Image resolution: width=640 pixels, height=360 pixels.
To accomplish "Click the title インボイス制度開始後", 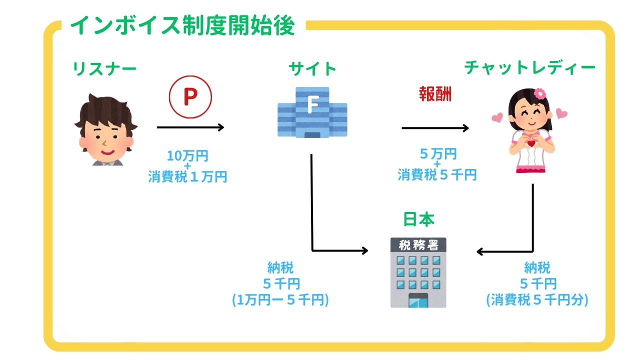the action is coord(182,25).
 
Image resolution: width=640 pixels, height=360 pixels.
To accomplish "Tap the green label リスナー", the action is coord(104,69).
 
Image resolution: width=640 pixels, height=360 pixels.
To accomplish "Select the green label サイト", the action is coord(312,69).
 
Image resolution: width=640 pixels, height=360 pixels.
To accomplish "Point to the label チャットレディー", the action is coord(529,67).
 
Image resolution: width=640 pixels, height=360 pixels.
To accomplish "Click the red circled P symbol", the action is coord(190,97).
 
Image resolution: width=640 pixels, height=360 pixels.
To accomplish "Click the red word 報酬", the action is coord(435,93).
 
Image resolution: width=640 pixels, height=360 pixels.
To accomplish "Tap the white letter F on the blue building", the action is coord(313,104).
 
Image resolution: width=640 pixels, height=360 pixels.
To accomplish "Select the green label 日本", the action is coord(418,219).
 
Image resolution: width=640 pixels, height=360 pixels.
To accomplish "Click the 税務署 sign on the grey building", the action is coord(418,245).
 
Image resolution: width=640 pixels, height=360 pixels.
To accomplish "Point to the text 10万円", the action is coord(187,156).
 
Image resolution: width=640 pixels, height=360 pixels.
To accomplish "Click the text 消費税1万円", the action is coord(187,176).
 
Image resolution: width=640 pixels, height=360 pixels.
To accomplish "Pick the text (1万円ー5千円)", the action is coord(280,300).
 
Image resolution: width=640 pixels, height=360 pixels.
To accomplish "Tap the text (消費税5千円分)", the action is coord(537,300).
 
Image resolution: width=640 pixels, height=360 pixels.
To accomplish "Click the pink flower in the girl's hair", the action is coord(539,93).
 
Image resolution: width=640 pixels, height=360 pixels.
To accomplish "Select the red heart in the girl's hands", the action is coord(531,143).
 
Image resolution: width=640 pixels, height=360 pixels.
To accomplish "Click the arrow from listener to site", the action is coord(190,127).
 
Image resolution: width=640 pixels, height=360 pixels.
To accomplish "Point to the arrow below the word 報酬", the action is coord(435,128).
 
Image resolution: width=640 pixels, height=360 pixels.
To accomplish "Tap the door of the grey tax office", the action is coord(418,300).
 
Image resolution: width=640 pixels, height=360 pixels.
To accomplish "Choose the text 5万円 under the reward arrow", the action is coord(438,154).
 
